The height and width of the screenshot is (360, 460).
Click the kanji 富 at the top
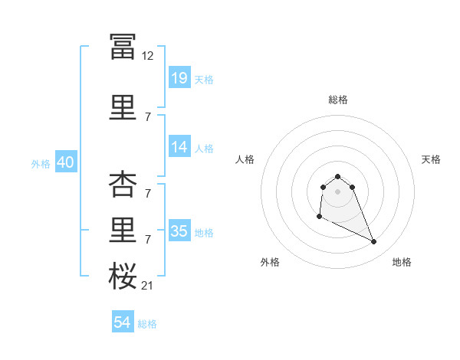[123, 47]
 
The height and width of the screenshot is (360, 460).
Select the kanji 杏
[123, 184]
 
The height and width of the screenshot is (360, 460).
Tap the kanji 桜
[123, 276]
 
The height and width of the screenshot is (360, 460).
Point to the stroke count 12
[147, 56]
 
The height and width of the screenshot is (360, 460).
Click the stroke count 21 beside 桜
[147, 286]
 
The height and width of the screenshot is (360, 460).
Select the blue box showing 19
[180, 77]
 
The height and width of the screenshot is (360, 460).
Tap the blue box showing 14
[180, 146]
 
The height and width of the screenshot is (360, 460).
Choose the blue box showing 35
[180, 230]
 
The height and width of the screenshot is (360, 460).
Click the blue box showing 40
[66, 162]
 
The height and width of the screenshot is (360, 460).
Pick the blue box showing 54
[123, 321]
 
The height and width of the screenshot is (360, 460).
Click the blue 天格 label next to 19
[204, 80]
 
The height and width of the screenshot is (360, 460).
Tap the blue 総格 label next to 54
[147, 324]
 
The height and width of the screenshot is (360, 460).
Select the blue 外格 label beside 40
[41, 164]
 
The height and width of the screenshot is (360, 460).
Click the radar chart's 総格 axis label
[338, 100]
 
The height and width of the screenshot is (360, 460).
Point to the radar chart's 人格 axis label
[245, 159]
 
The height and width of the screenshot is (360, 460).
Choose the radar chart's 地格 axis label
[402, 262]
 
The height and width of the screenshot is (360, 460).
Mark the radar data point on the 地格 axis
[374, 241]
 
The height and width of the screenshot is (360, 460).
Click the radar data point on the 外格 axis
[320, 217]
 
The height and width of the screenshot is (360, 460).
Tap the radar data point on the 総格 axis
[338, 176]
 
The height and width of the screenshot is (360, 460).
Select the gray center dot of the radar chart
[337, 191]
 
